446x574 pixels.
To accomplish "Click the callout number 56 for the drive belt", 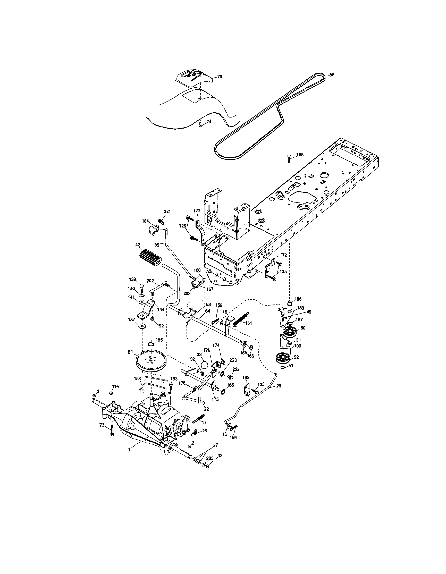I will click(x=332, y=75).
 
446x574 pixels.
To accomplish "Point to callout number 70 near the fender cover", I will click(x=220, y=77).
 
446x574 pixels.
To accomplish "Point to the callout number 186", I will click(x=298, y=299).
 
